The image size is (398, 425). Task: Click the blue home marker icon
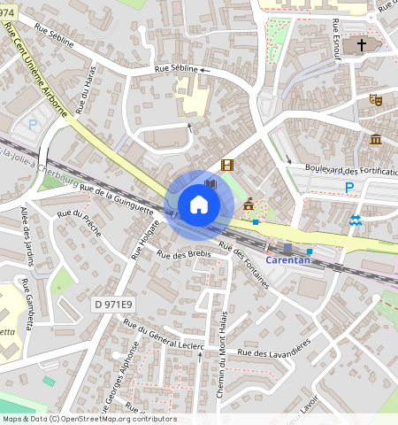[x=199, y=205]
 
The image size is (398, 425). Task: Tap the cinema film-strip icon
[x=227, y=165]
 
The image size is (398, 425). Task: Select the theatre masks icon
[x=376, y=101]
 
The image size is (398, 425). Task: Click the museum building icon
[x=376, y=139]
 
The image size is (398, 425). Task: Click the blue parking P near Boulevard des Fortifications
[x=349, y=187]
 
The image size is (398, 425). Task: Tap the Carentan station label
[x=291, y=263]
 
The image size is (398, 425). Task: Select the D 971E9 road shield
[x=113, y=305]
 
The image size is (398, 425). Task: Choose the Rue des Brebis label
[x=184, y=254]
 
